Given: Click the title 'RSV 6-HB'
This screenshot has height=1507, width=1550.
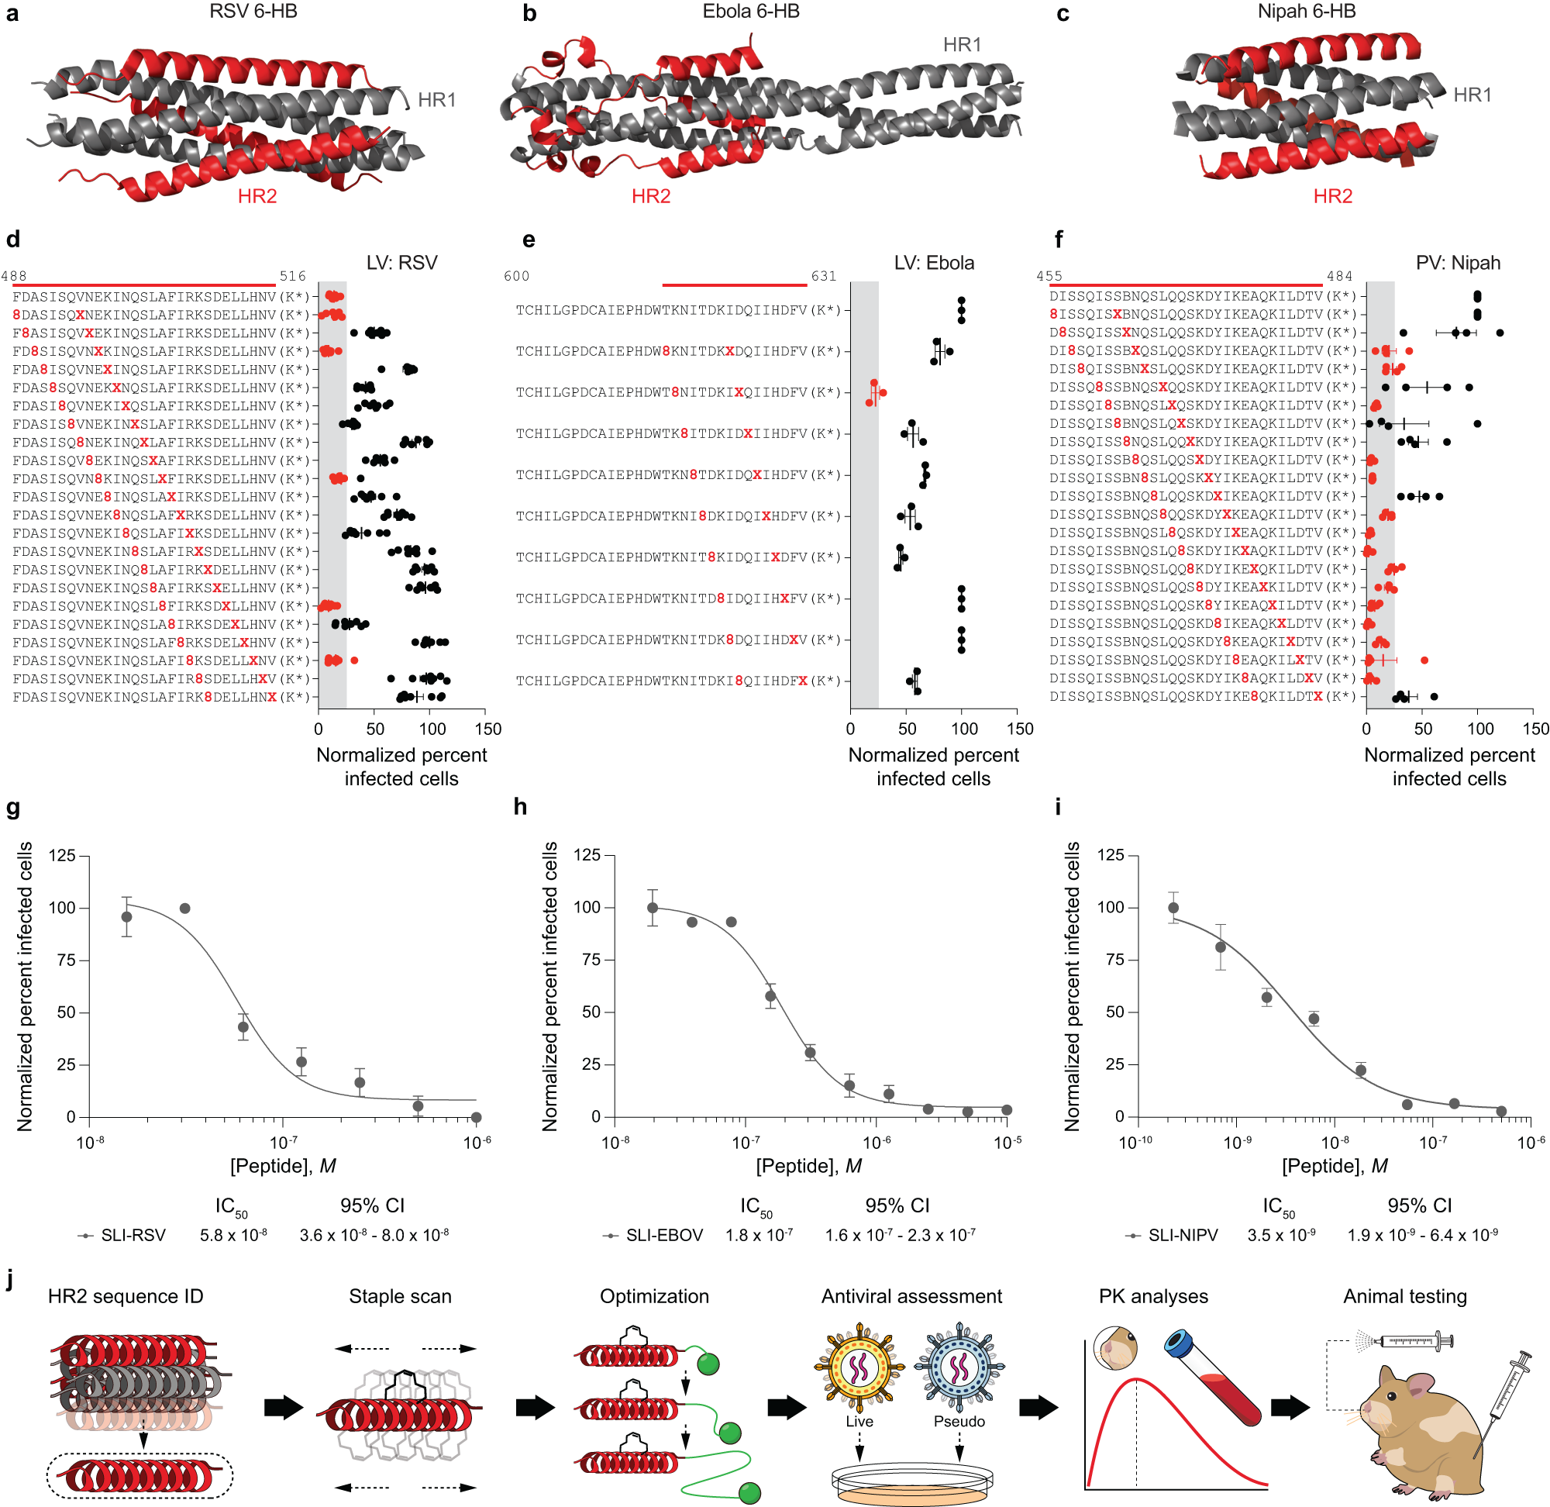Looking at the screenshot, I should [253, 12].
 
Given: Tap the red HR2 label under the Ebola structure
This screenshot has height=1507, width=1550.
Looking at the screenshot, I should [650, 196].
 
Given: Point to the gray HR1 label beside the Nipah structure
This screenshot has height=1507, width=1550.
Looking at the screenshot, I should [1472, 95].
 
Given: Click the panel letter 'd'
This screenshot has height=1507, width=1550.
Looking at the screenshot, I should [12, 240].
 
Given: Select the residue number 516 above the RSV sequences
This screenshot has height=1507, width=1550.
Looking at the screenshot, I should [292, 276].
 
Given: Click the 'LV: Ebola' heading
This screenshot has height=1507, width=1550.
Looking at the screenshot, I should [934, 263].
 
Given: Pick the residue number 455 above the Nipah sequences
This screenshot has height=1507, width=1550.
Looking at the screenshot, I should [1049, 276].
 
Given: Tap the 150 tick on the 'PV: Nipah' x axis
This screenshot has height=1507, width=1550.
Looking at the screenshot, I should [1535, 729].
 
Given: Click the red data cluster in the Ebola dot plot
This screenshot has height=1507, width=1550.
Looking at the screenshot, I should [875, 392].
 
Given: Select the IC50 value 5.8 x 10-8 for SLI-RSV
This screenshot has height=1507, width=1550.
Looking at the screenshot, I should [233, 1236].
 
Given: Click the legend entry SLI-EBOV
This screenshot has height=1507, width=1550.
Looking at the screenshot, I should [663, 1236].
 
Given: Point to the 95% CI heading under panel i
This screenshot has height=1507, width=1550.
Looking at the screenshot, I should [1420, 1205].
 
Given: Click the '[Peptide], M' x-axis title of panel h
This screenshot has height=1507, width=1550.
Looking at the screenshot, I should [808, 1166].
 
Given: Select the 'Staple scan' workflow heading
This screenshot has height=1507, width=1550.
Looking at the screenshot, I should [400, 1296].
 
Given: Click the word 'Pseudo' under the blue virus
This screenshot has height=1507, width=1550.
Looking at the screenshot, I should [959, 1422].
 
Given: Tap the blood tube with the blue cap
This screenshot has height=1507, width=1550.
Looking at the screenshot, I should [1212, 1377].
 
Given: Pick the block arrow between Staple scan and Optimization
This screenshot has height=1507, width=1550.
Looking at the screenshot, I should [535, 1407].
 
